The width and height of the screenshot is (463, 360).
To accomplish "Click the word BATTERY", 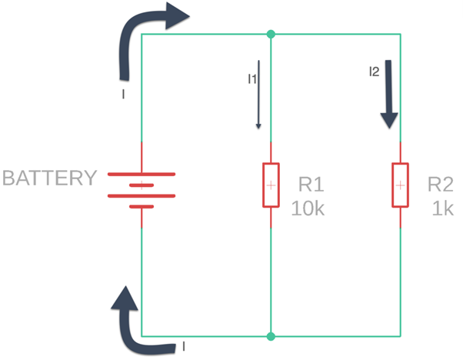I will (x=50, y=178).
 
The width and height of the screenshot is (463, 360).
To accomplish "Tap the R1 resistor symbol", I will (x=271, y=185).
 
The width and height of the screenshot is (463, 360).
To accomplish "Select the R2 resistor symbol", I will (x=400, y=185).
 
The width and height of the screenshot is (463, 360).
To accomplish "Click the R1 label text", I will (x=310, y=185).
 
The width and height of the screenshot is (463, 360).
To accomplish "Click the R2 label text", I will (x=440, y=185).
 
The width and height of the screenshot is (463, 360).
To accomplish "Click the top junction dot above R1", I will (x=271, y=34).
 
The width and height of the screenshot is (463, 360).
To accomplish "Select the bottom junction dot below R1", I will (x=271, y=336).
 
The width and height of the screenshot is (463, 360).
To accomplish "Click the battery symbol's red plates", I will (x=142, y=185).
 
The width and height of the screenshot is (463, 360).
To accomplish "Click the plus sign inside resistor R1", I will (x=271, y=185).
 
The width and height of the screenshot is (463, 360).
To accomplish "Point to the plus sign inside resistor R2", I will (x=400, y=185).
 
